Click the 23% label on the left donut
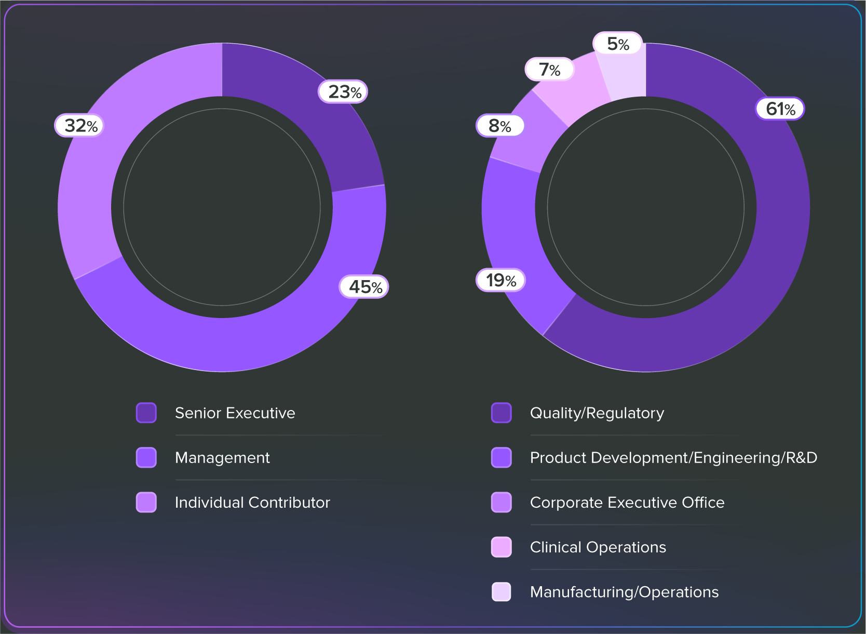click(x=343, y=92)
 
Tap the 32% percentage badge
click(x=79, y=126)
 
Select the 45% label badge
click(x=364, y=287)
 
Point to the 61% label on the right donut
click(x=780, y=109)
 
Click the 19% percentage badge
click(x=500, y=281)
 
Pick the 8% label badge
click(x=500, y=126)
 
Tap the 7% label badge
click(x=549, y=70)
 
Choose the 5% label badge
click(x=618, y=44)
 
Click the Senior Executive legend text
click(x=235, y=413)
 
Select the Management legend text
click(x=222, y=458)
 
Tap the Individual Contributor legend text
click(x=252, y=503)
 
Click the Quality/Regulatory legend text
click(x=597, y=413)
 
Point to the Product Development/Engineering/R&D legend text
click(x=673, y=458)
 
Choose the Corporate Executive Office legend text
click(x=627, y=503)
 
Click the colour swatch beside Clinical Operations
click(x=502, y=547)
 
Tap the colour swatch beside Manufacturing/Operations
click(x=502, y=592)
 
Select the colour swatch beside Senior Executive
click(x=146, y=413)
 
